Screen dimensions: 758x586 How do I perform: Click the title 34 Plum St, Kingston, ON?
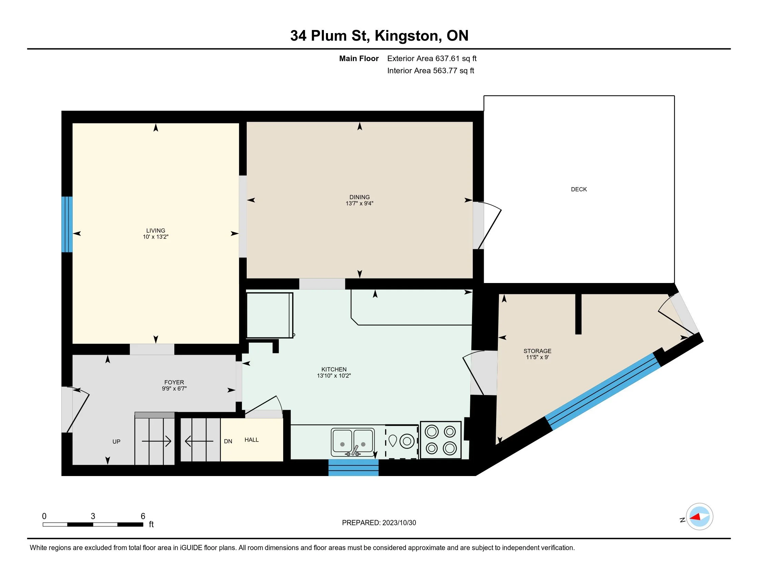coord(379,36)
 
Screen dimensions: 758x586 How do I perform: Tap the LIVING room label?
coord(155,231)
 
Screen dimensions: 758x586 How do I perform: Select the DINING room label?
coord(360,197)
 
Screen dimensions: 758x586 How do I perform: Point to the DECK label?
coord(579,189)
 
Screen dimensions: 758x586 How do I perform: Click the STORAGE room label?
coord(537,351)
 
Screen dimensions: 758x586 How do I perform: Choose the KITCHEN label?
coord(334,370)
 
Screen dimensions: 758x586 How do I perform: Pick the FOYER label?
coord(174,382)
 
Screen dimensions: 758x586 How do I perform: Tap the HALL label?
coord(252,440)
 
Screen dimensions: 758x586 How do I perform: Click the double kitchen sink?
coord(352,442)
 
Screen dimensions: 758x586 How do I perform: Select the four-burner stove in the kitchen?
coord(441,440)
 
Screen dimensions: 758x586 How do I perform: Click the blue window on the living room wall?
coord(67,224)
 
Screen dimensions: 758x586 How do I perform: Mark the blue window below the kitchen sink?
coord(353,468)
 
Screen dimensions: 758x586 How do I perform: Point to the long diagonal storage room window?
coord(603,391)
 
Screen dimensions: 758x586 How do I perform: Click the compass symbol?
coord(699,517)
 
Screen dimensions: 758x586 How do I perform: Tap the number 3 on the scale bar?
coord(93,516)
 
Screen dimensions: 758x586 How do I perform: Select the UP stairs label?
coord(116,442)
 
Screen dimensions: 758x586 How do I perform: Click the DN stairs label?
coord(228,441)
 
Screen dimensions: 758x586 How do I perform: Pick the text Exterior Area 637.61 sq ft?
coord(432,58)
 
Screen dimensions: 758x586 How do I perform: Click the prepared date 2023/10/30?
coord(398,523)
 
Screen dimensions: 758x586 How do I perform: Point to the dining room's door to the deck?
coord(487,225)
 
